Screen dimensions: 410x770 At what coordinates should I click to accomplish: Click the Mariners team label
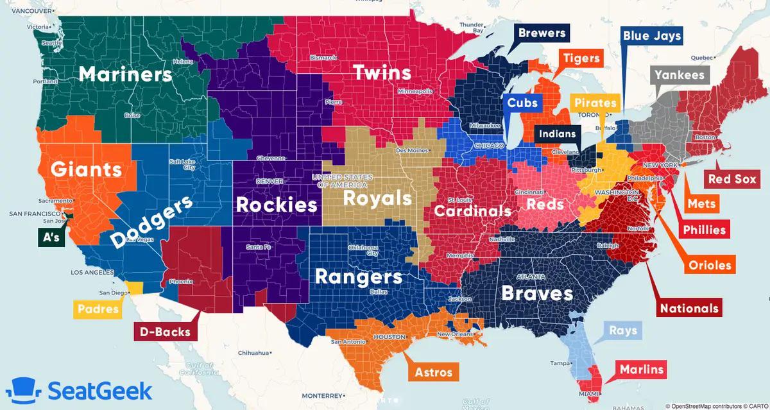tap(125, 74)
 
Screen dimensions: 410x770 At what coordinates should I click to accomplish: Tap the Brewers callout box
tap(542, 33)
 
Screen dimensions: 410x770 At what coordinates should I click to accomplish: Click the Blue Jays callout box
tap(651, 36)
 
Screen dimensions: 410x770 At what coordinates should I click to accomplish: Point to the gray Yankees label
tap(680, 75)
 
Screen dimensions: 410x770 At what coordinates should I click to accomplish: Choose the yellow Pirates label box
tap(595, 103)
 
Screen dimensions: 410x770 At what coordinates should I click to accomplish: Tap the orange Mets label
tap(701, 205)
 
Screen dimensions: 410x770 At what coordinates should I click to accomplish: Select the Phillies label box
tap(705, 230)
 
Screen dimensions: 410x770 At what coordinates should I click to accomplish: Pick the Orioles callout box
tap(710, 266)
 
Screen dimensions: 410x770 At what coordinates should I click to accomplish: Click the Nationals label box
tap(690, 308)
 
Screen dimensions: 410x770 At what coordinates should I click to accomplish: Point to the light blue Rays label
tap(623, 330)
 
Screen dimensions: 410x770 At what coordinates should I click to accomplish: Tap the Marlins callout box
tap(640, 370)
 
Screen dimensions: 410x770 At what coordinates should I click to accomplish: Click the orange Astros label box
tap(433, 372)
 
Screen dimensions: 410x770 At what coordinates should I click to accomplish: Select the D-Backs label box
tap(166, 332)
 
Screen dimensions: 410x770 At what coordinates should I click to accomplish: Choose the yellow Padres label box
tap(98, 309)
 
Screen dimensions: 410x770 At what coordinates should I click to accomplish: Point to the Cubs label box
tap(522, 103)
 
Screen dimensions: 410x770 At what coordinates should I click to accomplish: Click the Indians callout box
tap(557, 135)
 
